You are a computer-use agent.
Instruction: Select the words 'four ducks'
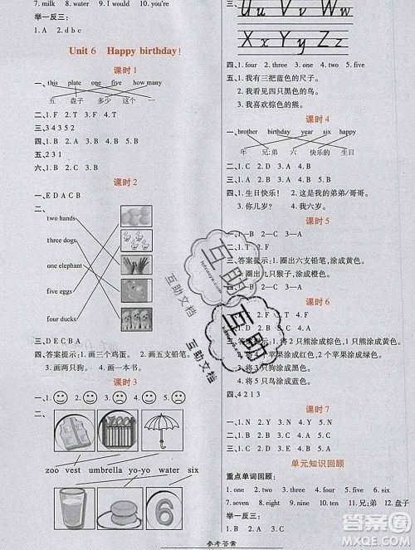(x=61, y=318)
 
